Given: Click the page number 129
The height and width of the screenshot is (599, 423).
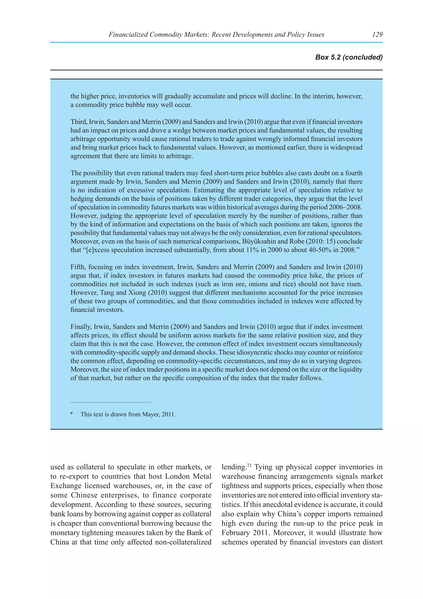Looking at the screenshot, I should click(x=377, y=34).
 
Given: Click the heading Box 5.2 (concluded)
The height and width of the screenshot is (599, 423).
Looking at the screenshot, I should click(x=349, y=57).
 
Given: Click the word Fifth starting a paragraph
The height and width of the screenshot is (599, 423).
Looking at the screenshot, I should click(x=77, y=267).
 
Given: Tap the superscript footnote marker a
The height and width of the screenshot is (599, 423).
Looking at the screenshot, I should click(x=71, y=413).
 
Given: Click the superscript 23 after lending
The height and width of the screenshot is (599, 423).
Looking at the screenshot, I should click(x=249, y=465).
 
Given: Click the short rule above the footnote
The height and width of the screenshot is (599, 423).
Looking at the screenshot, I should click(x=111, y=402).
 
